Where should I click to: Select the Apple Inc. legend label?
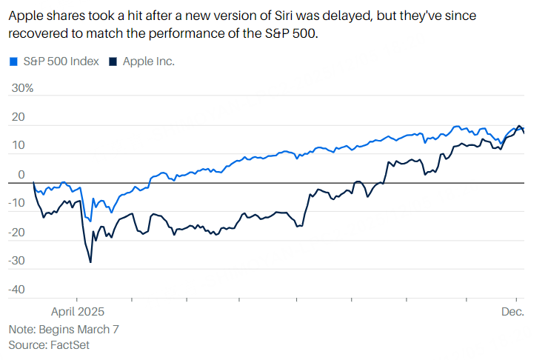pyautogui.click(x=148, y=61)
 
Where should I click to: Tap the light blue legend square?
pyautogui.click(x=13, y=61)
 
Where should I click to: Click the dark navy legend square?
pyautogui.click(x=113, y=61)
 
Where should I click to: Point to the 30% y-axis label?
pyautogui.click(x=21, y=88)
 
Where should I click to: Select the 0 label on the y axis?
pyautogui.click(x=22, y=175)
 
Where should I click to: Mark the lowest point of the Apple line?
pyautogui.click(x=90, y=261)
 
